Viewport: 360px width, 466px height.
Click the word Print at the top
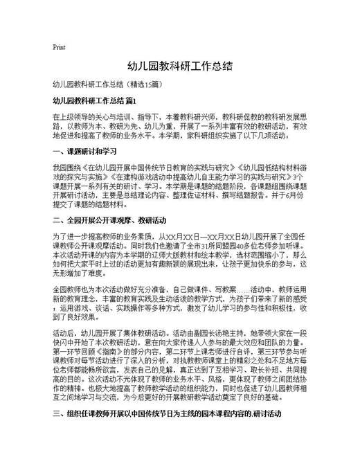[59, 47]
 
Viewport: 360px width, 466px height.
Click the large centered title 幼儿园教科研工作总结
[179, 67]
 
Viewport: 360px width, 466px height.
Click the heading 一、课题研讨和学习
[80, 151]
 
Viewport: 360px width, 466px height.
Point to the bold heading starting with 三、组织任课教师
[166, 433]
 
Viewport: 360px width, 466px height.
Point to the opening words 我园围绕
[67, 168]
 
